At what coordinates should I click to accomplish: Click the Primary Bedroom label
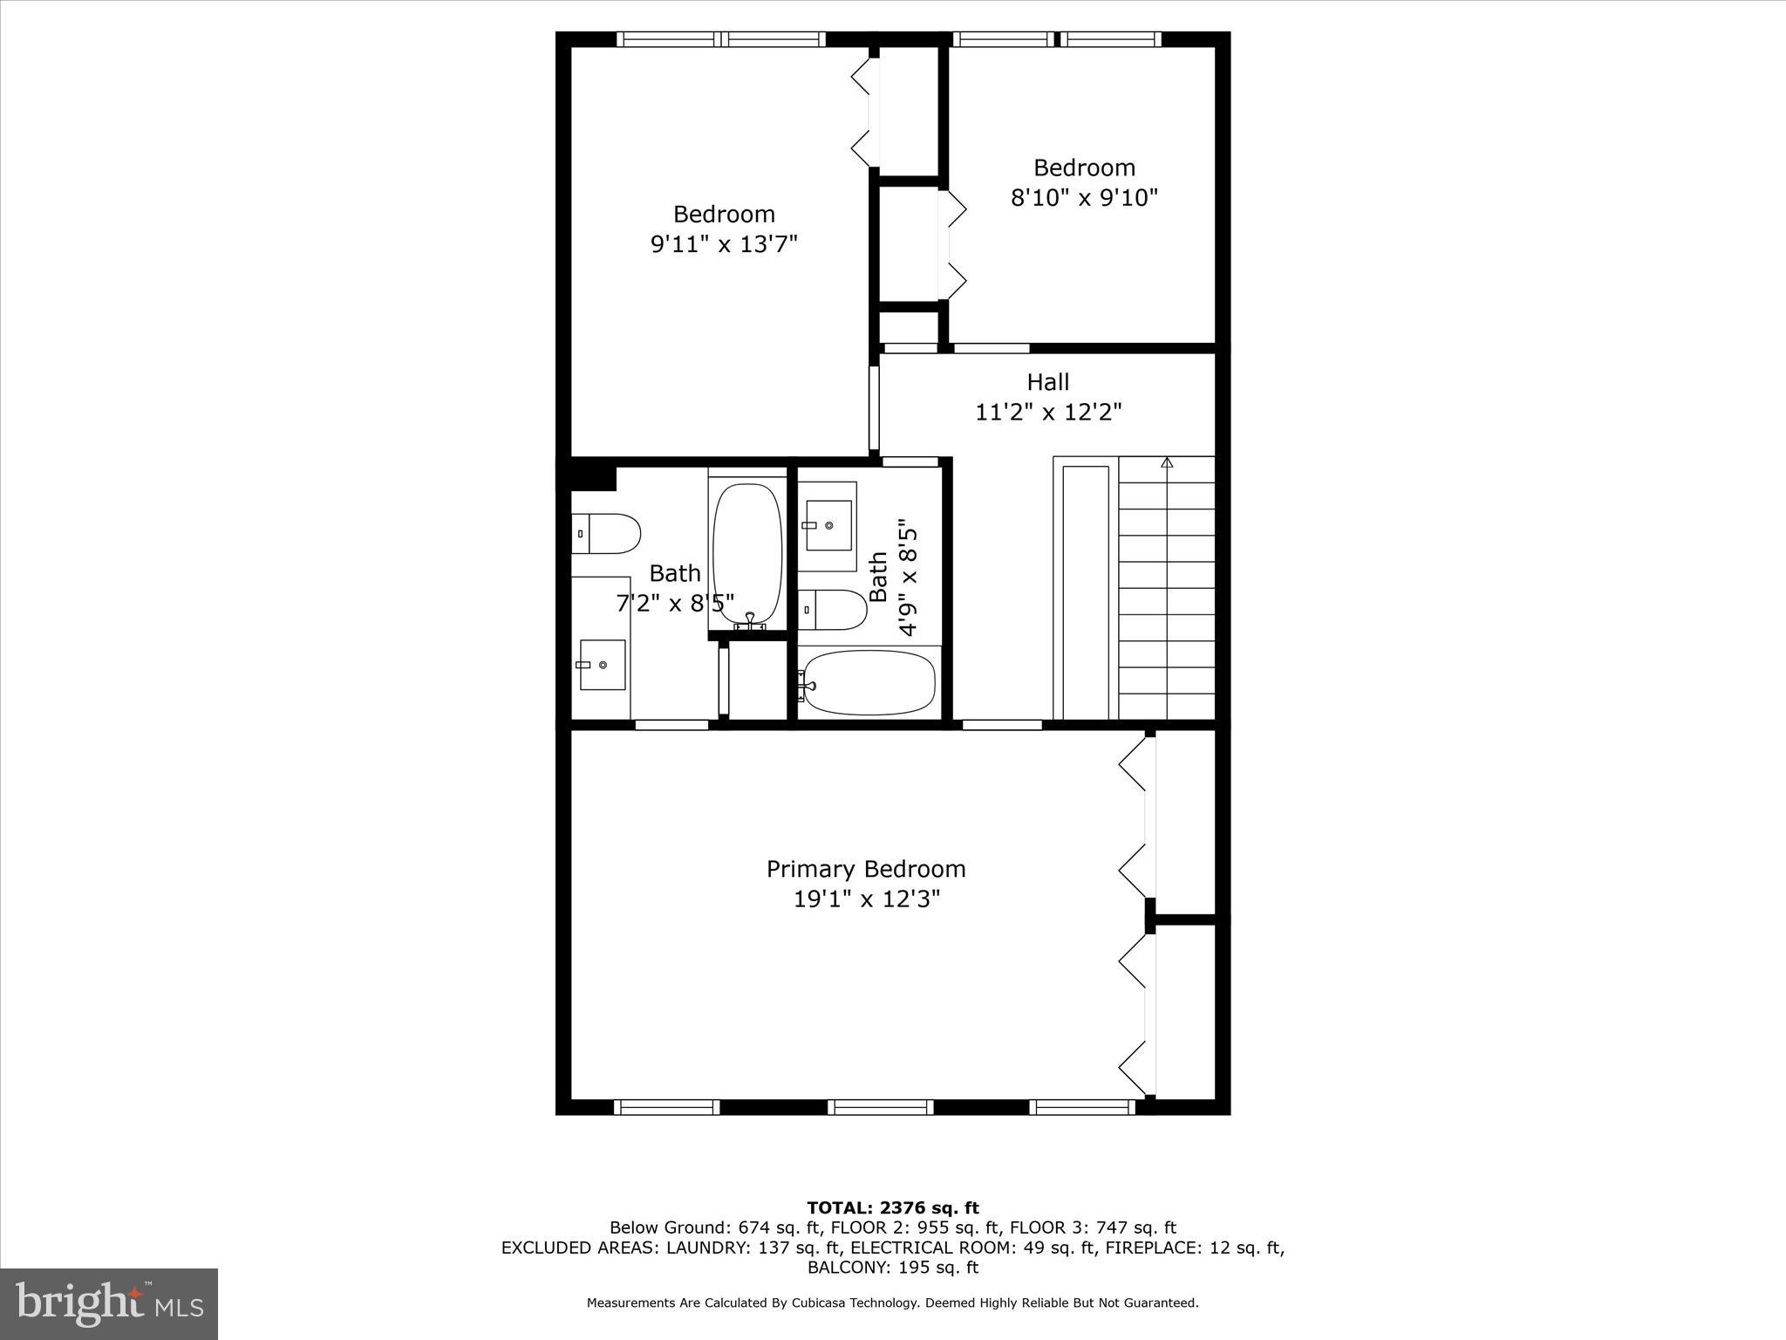(865, 869)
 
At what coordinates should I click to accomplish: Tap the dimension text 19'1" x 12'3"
(866, 899)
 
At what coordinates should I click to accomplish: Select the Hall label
(1047, 382)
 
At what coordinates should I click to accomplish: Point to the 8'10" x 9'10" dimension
(1084, 198)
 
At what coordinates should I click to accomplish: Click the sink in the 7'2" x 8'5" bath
(602, 665)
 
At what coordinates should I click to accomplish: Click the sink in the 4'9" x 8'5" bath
(828, 525)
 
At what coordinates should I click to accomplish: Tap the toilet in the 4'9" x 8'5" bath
(833, 609)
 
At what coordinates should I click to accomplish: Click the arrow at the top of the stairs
(1167, 462)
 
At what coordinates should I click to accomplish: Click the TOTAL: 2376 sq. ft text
(892, 1208)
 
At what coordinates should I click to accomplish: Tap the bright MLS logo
(109, 1303)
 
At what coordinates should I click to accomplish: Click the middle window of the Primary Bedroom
(880, 1107)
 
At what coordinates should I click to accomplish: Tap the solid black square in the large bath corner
(593, 478)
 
